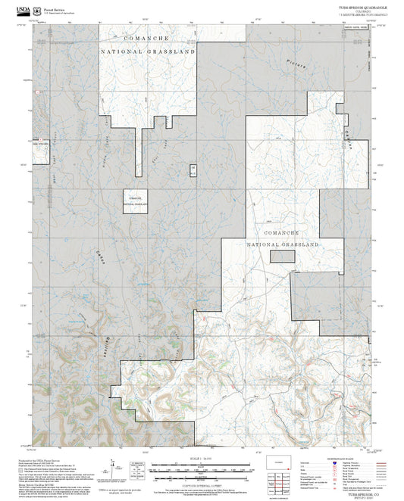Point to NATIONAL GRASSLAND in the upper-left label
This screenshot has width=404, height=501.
[149, 51]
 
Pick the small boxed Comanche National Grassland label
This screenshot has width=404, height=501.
[136, 199]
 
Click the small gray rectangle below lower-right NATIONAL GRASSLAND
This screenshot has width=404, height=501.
[283, 257]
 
